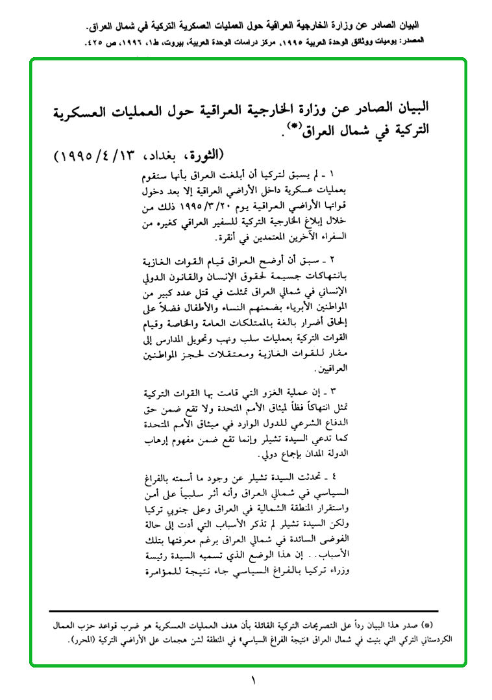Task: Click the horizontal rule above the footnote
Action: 243,611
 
